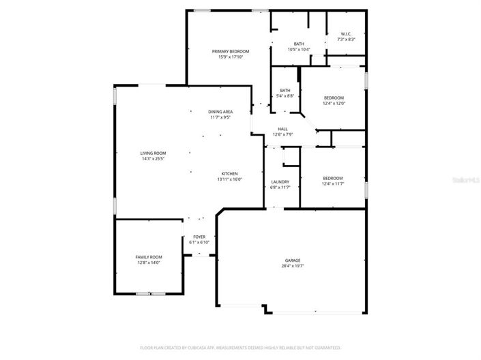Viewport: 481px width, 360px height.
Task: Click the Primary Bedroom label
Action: click(230, 52)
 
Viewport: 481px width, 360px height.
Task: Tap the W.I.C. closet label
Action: click(346, 34)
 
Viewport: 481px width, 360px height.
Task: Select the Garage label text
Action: click(292, 260)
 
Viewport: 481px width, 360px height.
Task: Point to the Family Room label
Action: click(148, 257)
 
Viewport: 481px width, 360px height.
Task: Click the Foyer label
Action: click(199, 237)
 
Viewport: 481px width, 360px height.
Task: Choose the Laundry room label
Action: click(280, 181)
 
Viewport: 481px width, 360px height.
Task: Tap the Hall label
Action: click(282, 128)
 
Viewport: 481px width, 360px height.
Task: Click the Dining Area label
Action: click(220, 111)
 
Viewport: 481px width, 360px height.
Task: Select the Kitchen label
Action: click(229, 173)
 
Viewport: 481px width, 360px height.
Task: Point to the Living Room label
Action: click(153, 153)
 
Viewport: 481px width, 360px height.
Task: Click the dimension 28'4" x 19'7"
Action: click(292, 266)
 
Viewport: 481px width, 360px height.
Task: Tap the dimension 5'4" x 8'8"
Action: click(285, 95)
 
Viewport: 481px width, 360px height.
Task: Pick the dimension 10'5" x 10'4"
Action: click(299, 49)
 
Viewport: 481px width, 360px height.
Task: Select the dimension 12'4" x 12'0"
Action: click(334, 103)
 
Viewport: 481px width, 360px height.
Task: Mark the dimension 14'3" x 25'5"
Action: click(153, 159)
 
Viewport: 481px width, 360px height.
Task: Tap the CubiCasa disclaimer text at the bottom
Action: click(240, 346)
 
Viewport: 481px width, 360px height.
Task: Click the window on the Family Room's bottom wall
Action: click(150, 293)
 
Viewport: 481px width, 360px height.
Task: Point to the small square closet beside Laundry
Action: click(290, 157)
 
